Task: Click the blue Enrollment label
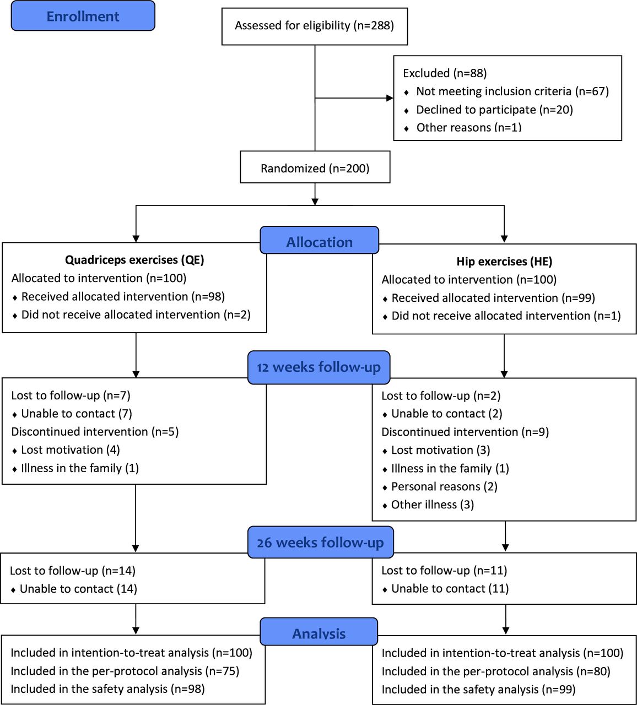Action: click(83, 16)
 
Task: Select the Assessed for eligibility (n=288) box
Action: click(315, 26)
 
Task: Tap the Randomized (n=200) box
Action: click(315, 167)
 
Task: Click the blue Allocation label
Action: click(320, 240)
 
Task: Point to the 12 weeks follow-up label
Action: click(319, 367)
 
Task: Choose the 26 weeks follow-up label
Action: click(321, 543)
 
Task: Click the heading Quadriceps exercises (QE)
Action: click(134, 260)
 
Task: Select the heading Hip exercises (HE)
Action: click(504, 262)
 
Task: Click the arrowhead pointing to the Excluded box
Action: click(390, 98)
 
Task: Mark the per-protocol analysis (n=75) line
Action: click(125, 671)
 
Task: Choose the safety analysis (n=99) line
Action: click(479, 689)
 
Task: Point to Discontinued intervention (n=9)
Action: click(465, 432)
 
